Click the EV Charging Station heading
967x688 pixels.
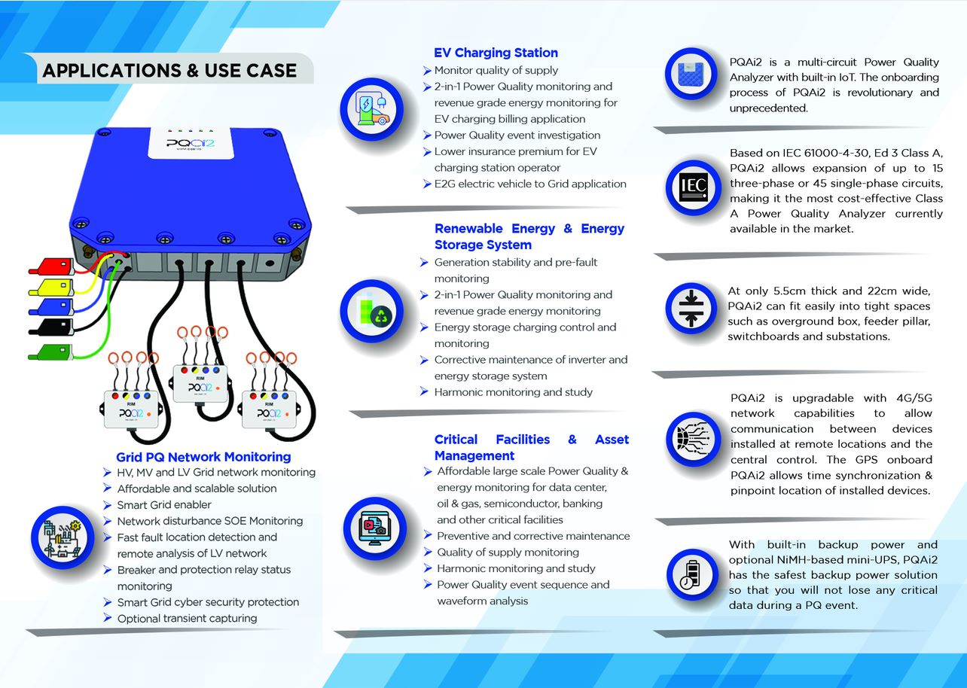pos(496,53)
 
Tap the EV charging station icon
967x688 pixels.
pos(373,110)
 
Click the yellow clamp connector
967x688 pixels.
pos(51,287)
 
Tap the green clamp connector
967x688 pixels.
pos(51,352)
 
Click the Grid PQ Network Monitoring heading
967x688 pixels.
pos(203,457)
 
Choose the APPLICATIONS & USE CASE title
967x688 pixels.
pos(169,71)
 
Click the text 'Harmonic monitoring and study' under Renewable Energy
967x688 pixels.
pos(513,392)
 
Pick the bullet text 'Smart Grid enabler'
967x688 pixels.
pos(164,505)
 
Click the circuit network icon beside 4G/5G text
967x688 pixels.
pos(691,440)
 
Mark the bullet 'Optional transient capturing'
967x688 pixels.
pos(187,619)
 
